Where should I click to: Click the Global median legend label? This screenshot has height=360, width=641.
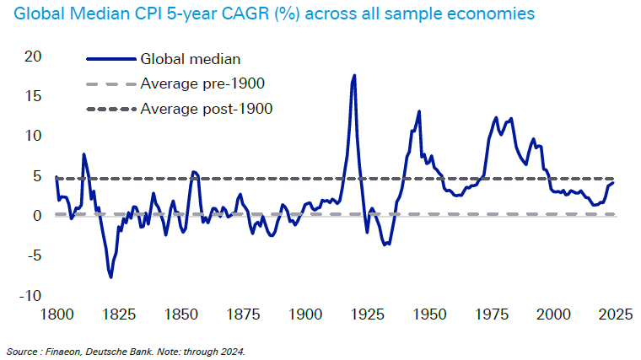pos(191,59)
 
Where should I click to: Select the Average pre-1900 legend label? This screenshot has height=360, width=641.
pos(202,83)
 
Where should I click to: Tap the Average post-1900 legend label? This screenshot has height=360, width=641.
pos(206,108)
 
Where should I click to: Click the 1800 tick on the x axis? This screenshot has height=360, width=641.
pos(56,314)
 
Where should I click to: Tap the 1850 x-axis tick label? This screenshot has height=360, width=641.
pos(180,314)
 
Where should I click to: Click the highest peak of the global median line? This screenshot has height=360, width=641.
pos(354,75)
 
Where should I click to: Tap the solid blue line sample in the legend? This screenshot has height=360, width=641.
pos(110,59)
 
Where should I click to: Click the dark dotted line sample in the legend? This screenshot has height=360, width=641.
pos(110,108)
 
